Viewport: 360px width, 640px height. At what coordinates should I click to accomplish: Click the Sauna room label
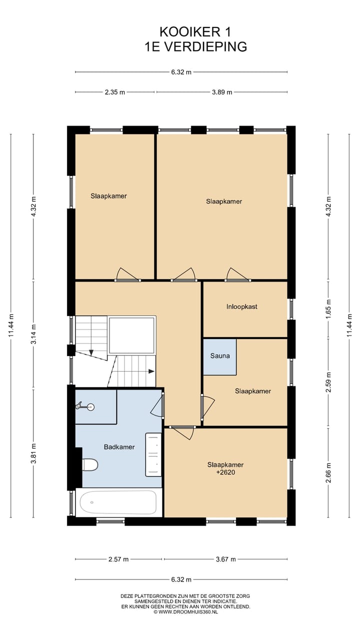(220, 355)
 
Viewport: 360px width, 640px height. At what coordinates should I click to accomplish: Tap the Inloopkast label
(241, 306)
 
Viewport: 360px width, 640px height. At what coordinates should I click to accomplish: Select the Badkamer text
(119, 447)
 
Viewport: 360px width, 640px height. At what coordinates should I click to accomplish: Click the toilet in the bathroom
(89, 464)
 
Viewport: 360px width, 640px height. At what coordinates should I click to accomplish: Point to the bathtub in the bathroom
(118, 502)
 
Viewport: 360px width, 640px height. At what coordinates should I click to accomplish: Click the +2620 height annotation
(225, 472)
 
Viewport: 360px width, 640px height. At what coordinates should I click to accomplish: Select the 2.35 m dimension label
(115, 92)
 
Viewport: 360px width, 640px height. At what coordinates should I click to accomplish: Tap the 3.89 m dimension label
(222, 92)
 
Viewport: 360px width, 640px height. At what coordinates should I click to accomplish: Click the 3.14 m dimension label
(33, 334)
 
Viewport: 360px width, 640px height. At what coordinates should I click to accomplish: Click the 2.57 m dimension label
(118, 559)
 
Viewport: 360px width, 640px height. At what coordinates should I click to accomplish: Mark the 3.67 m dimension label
(225, 559)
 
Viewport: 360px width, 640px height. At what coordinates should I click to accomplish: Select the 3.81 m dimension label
(33, 453)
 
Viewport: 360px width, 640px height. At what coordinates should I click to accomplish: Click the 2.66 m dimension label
(328, 472)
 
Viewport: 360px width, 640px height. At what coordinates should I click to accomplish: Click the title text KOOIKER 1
(195, 32)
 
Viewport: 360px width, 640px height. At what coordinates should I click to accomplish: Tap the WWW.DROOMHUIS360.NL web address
(188, 611)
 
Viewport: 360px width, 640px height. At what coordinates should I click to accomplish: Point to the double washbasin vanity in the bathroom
(153, 454)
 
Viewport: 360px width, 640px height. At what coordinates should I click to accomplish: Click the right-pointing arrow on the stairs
(151, 371)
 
